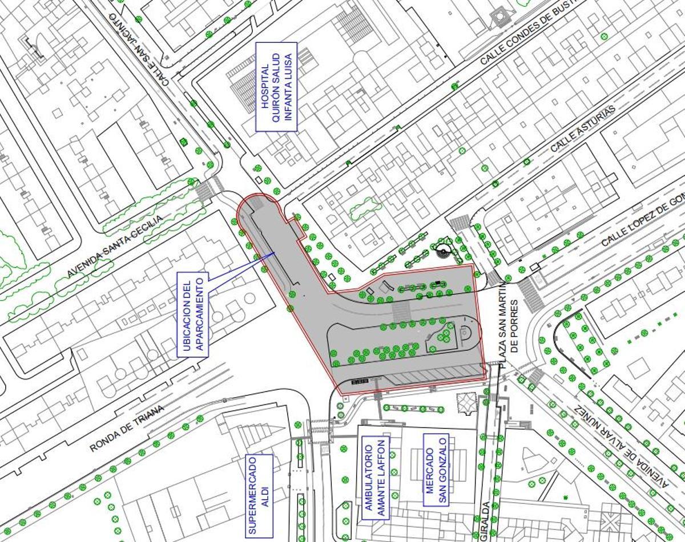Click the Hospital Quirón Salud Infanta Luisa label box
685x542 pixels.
(276, 86)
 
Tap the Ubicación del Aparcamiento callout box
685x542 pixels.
(193, 315)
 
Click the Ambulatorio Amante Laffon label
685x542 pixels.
(376, 478)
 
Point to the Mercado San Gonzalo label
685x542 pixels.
(436, 470)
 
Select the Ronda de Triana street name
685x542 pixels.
(127, 428)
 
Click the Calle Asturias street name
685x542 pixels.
(583, 128)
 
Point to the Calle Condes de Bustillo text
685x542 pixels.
(525, 35)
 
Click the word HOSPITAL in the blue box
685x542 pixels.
(264, 86)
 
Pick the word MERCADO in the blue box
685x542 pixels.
(430, 470)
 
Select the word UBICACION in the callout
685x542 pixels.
(187, 315)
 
